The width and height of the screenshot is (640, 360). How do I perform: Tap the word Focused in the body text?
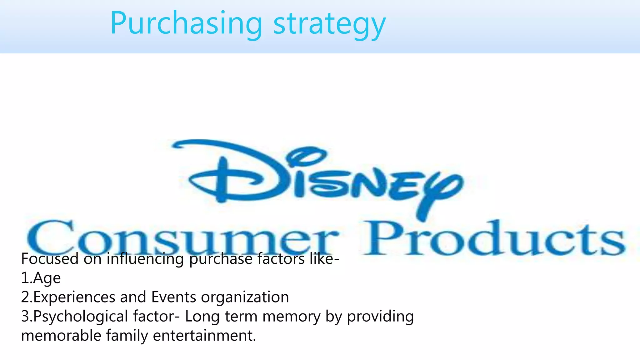tap(50, 259)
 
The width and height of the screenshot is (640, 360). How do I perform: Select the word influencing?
tap(145, 259)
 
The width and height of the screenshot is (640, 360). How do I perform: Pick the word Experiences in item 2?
tap(74, 297)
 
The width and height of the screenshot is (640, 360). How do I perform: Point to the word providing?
tap(380, 317)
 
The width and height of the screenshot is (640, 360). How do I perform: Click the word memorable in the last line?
tap(61, 336)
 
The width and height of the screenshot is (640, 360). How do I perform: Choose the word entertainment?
tap(204, 336)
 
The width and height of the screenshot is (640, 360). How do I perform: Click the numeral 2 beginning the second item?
tap(25, 297)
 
